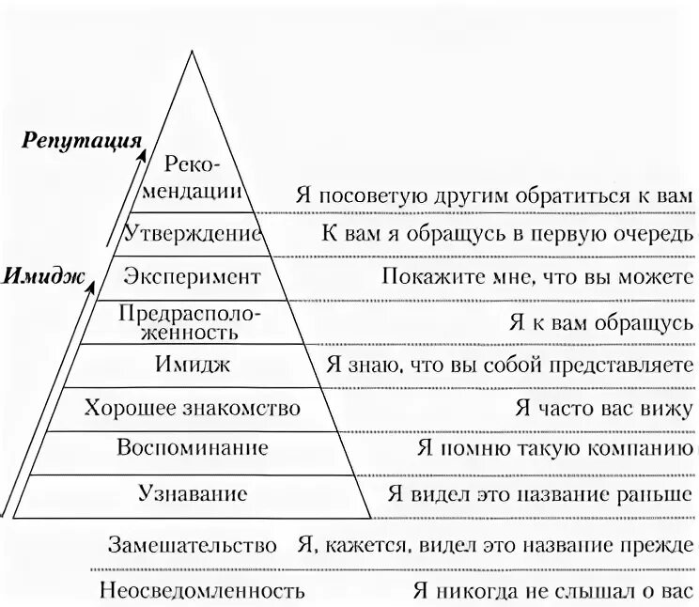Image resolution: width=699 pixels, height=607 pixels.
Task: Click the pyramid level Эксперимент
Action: coord(192,277)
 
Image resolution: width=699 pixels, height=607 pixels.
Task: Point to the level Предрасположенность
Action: coord(192,320)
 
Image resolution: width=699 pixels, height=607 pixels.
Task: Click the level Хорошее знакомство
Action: coord(192,409)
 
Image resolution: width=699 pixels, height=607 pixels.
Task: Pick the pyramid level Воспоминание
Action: coord(192,449)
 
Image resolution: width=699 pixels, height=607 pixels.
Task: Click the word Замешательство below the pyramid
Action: coord(193,546)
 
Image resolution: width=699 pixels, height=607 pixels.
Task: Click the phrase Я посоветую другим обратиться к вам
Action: coord(493,196)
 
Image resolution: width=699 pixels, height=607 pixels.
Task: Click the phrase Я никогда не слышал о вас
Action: coord(552,591)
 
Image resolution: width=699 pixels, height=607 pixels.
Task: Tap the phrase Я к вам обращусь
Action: coord(602,321)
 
